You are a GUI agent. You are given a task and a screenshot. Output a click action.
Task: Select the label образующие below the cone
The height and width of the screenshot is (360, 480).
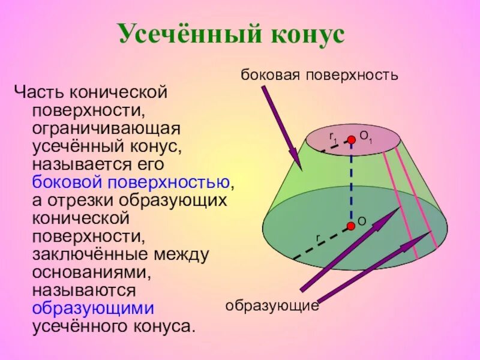(272, 305)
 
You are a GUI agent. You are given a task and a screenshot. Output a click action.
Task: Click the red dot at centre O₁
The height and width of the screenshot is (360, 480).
(351, 139)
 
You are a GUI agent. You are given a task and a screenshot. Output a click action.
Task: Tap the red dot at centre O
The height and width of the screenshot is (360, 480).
(350, 226)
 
